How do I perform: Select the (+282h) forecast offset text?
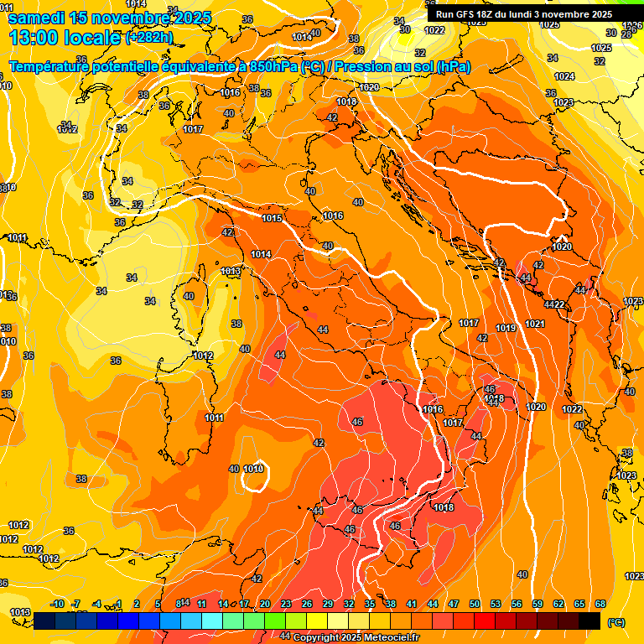pyautogui.click(x=149, y=38)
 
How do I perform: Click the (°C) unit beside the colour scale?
pyautogui.click(x=615, y=622)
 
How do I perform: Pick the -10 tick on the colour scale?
pyautogui.click(x=57, y=604)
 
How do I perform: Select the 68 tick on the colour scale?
pyautogui.click(x=600, y=604)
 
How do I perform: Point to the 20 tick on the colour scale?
pyautogui.click(x=265, y=604)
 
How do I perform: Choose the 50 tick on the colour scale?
pyautogui.click(x=475, y=604)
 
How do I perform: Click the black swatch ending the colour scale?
pyautogui.click(x=589, y=621)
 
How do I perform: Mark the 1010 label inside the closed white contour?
pyautogui.click(x=255, y=469)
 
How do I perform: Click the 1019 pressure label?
pyautogui.click(x=506, y=328)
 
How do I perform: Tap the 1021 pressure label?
pyautogui.click(x=534, y=324)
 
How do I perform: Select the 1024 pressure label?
pyautogui.click(x=564, y=76)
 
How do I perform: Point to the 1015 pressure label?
pyautogui.click(x=271, y=218)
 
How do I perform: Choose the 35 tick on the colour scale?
pyautogui.click(x=370, y=604)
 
